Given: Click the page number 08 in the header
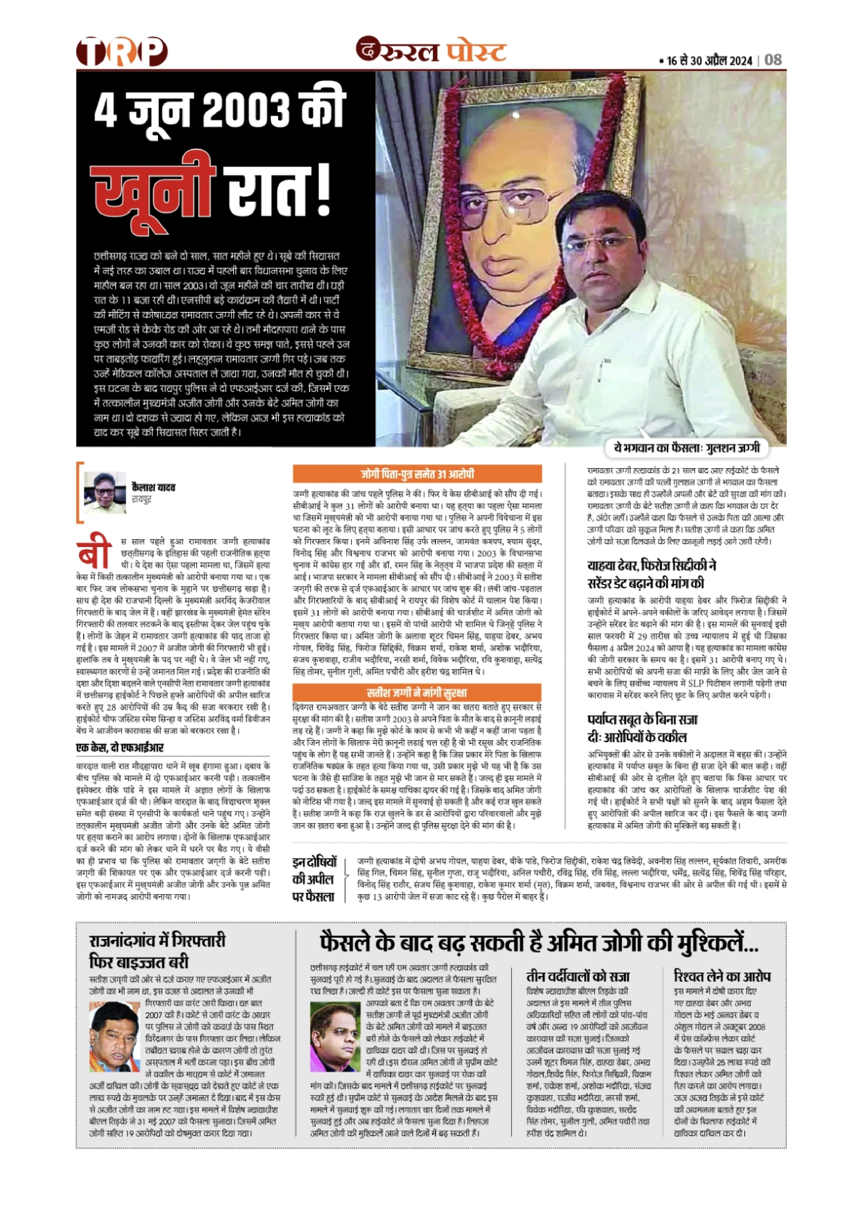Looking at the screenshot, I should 773,60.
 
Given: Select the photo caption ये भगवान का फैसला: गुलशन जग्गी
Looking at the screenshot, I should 687,448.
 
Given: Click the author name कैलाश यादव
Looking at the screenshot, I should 153,487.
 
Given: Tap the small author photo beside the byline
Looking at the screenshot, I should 105,492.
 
